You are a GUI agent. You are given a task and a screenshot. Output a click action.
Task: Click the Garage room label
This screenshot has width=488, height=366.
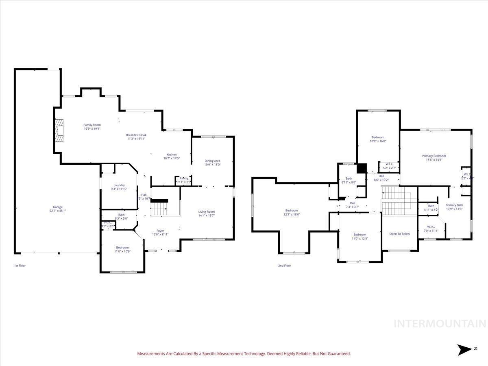point(57,207)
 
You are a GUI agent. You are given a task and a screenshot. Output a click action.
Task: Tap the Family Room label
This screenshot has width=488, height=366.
point(92,125)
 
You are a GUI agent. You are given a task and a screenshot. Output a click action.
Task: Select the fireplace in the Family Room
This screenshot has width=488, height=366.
point(60,131)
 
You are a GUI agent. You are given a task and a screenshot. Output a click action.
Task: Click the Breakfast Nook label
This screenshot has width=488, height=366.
point(136,135)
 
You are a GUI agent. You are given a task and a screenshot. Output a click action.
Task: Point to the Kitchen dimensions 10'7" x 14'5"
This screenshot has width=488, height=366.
point(171,159)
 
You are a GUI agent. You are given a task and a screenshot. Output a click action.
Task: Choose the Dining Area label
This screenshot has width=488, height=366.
point(212,161)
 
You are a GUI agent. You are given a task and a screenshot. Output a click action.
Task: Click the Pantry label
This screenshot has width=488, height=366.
point(184,178)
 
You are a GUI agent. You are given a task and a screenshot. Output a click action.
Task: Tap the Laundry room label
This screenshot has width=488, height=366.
point(119,185)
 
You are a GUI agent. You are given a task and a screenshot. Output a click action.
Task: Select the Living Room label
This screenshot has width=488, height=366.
point(206,211)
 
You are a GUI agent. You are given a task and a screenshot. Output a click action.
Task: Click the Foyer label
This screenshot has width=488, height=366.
point(160,231)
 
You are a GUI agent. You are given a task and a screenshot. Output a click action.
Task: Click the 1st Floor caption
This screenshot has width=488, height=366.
point(20,266)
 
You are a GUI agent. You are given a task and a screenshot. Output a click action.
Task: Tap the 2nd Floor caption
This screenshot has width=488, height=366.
point(285,266)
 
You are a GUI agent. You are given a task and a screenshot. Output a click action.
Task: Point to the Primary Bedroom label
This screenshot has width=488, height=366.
point(434,156)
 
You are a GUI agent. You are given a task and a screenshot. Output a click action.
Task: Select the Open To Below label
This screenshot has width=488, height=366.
point(400,234)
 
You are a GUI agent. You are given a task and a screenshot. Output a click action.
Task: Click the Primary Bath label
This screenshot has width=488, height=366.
point(454,205)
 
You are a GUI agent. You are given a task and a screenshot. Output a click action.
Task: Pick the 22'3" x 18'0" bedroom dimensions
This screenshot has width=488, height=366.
point(292,214)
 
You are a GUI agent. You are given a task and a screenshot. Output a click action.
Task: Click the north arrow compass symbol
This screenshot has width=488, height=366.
point(464,350)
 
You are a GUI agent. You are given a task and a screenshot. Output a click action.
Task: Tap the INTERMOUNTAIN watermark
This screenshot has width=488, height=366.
point(440,324)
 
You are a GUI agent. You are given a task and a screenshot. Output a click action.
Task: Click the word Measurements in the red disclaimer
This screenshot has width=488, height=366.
point(151,354)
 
